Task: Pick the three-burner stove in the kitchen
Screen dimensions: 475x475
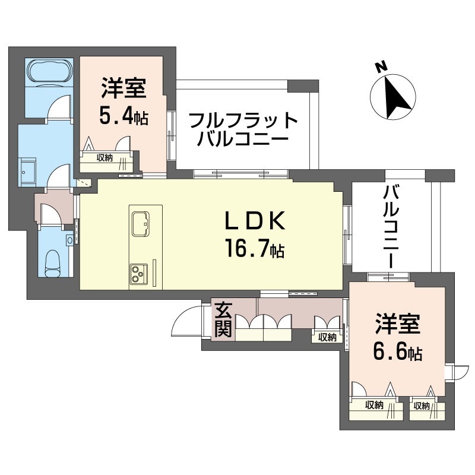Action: (138, 274)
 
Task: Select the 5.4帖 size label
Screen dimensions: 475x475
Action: (123, 116)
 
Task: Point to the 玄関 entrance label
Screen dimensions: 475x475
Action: (223, 320)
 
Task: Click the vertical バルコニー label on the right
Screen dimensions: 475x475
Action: (391, 226)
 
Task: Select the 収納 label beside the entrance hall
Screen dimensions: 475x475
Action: (327, 337)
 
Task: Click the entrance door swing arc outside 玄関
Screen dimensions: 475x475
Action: (185, 324)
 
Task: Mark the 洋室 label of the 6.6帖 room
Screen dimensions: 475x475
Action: (397, 325)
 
